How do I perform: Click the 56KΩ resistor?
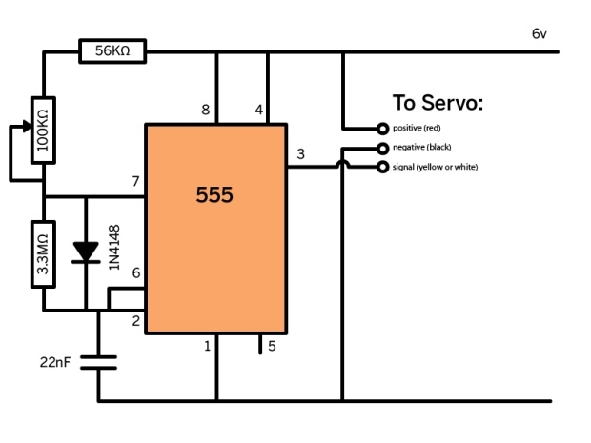pos(112,51)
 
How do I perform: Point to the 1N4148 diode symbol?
pos(87,252)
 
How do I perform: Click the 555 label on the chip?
pos(214,195)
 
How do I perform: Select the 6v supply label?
pos(540,34)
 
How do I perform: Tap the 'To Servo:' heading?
pos(438,102)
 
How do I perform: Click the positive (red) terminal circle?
pos(382,128)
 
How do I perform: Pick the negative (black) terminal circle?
pos(382,148)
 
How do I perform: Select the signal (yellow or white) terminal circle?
pos(382,168)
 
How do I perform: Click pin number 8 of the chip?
pos(206,111)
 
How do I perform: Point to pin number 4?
pos(258,111)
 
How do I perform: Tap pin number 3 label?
pos(301,154)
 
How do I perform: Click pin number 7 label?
pos(135,182)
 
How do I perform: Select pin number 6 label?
pos(135,273)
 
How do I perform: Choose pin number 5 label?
pos(272,346)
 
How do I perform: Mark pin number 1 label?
pos(207,346)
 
